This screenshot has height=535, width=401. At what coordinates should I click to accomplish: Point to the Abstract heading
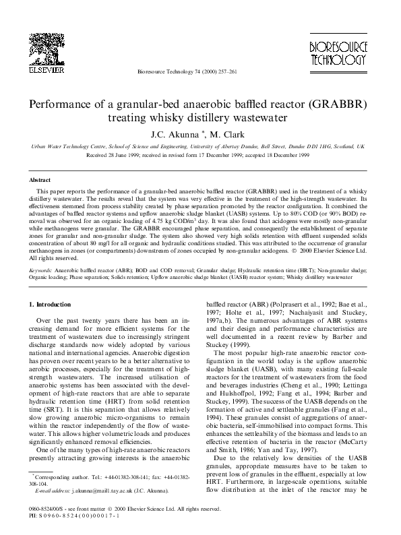pos(39,181)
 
